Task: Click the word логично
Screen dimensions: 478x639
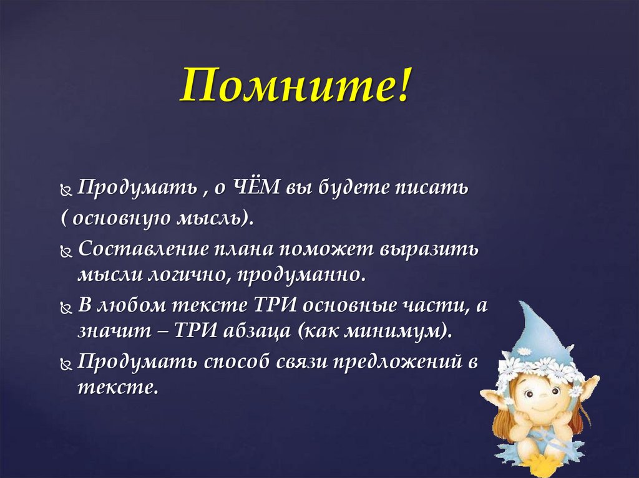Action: click(188, 275)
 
